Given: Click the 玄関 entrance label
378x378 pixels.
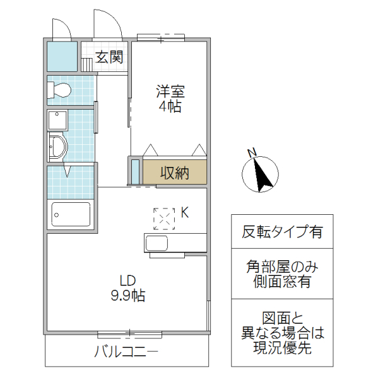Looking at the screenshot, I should coord(109,58).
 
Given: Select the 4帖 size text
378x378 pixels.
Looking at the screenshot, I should coord(170,106).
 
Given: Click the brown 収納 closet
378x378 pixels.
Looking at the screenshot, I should coord(174,172).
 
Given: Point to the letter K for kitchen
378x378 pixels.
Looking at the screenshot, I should coord(185,213).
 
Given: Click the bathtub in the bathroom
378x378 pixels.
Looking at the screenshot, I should coord(71,215).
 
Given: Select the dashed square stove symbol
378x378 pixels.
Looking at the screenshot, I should coord(164,218).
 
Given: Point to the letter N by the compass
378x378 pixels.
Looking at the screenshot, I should coord(251,152).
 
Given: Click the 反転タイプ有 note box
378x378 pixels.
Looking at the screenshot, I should coord(282,231).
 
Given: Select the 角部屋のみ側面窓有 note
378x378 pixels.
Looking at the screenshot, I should coord(282,274).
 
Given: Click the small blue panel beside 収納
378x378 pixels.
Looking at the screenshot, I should coord(135,171).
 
